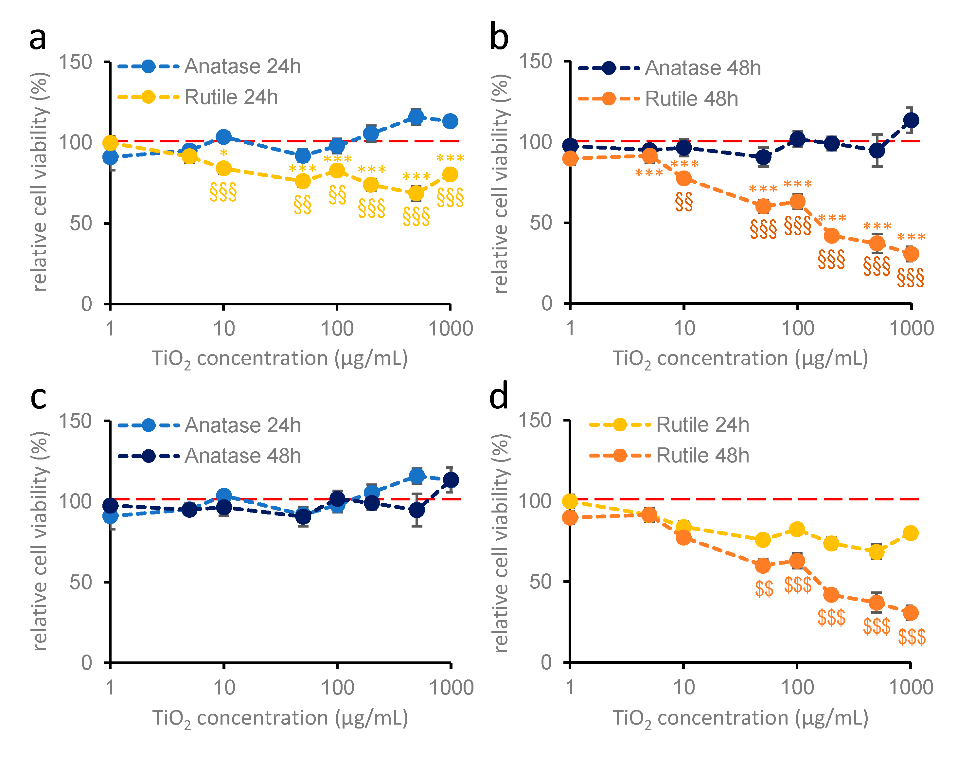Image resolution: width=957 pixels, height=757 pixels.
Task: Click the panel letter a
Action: click(38, 39)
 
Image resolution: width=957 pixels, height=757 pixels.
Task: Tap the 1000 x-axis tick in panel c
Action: click(451, 688)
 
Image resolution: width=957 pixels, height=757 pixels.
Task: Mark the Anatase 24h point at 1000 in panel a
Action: click(450, 121)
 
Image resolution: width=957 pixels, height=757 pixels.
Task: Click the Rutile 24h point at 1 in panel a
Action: click(110, 143)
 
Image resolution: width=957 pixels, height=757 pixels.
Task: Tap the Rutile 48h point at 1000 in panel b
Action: click(911, 254)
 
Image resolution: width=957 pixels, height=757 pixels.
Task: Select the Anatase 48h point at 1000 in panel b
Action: click(911, 120)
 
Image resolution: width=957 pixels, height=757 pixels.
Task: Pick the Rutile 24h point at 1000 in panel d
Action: click(911, 533)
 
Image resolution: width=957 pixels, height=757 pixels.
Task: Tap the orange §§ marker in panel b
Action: click(683, 202)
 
